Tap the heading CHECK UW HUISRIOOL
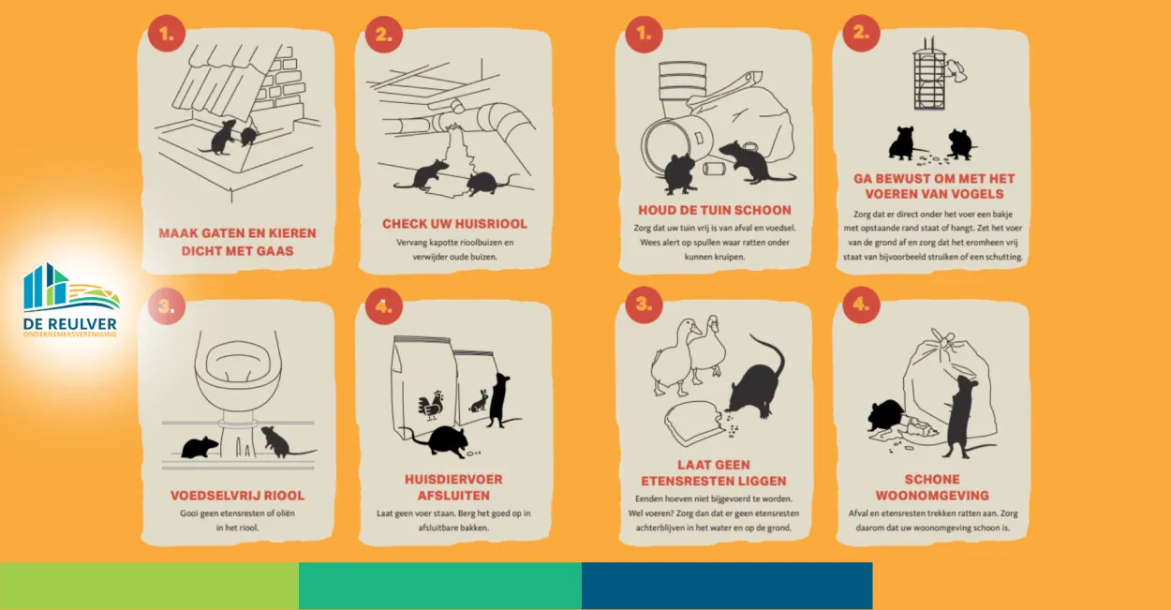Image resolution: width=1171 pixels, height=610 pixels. (454, 224)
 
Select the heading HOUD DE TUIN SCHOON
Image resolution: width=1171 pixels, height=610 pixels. (714, 210)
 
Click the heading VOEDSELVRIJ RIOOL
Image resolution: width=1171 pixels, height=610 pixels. (237, 496)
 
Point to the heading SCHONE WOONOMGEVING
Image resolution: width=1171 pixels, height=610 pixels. (932, 487)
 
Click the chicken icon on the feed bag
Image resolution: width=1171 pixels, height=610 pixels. (430, 405)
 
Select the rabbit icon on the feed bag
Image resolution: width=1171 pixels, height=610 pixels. (480, 401)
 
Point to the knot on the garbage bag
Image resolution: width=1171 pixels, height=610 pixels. (943, 338)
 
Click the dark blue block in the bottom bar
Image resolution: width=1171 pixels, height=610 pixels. (727, 586)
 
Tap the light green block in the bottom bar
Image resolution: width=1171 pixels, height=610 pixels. (150, 586)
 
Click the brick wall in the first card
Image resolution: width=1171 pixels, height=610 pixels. (281, 83)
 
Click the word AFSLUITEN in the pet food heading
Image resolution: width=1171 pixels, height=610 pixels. (453, 496)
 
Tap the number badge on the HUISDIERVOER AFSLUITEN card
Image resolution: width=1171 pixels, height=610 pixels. (384, 306)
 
